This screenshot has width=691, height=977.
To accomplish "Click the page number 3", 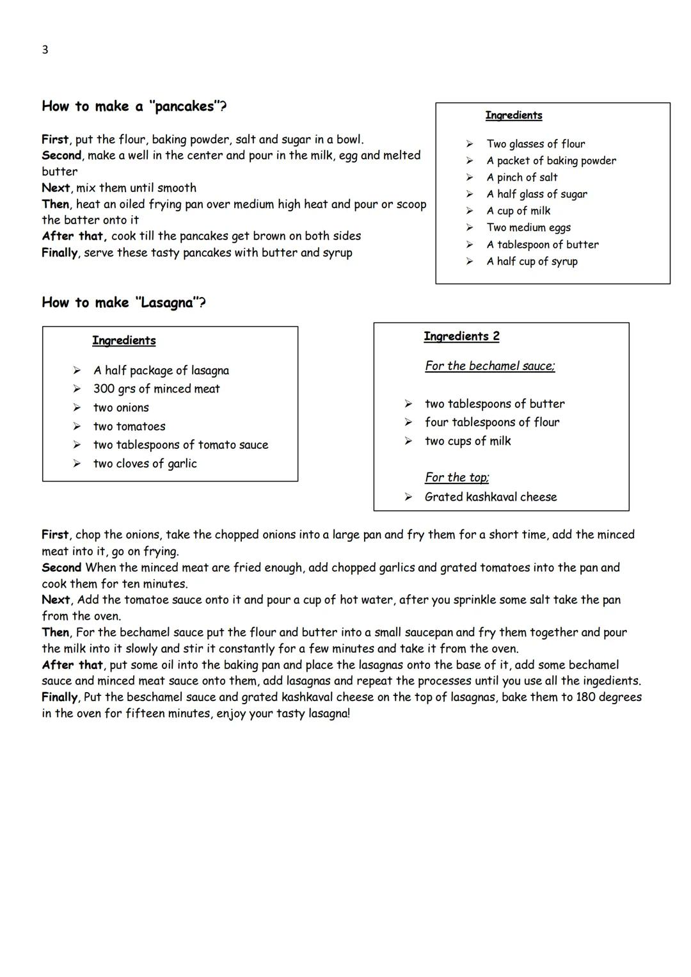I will [45, 50].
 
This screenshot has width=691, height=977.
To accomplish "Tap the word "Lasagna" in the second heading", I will [167, 303].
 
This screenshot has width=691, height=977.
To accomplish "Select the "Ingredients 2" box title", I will [461, 337].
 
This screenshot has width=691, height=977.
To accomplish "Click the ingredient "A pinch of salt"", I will [521, 177].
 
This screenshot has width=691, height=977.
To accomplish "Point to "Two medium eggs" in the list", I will [528, 227].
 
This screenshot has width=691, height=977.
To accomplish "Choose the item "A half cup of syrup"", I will [532, 261].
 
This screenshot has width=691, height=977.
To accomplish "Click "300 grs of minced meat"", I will [156, 389].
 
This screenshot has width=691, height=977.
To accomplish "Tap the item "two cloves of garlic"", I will [145, 464].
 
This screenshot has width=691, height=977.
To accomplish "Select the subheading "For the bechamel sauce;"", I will [489, 366].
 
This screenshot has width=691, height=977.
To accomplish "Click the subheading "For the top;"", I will [457, 478].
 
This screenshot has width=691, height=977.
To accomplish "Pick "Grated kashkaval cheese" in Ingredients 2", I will [490, 497].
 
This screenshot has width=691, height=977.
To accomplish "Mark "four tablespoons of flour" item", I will [491, 423].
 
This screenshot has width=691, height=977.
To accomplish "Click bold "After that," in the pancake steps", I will [74, 236].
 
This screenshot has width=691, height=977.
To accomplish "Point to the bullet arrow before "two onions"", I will [77, 408].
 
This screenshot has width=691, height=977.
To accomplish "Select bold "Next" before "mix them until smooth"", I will [56, 188].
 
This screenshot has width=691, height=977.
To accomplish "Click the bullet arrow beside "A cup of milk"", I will [469, 211].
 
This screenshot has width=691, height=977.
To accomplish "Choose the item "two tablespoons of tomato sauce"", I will [180, 445].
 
